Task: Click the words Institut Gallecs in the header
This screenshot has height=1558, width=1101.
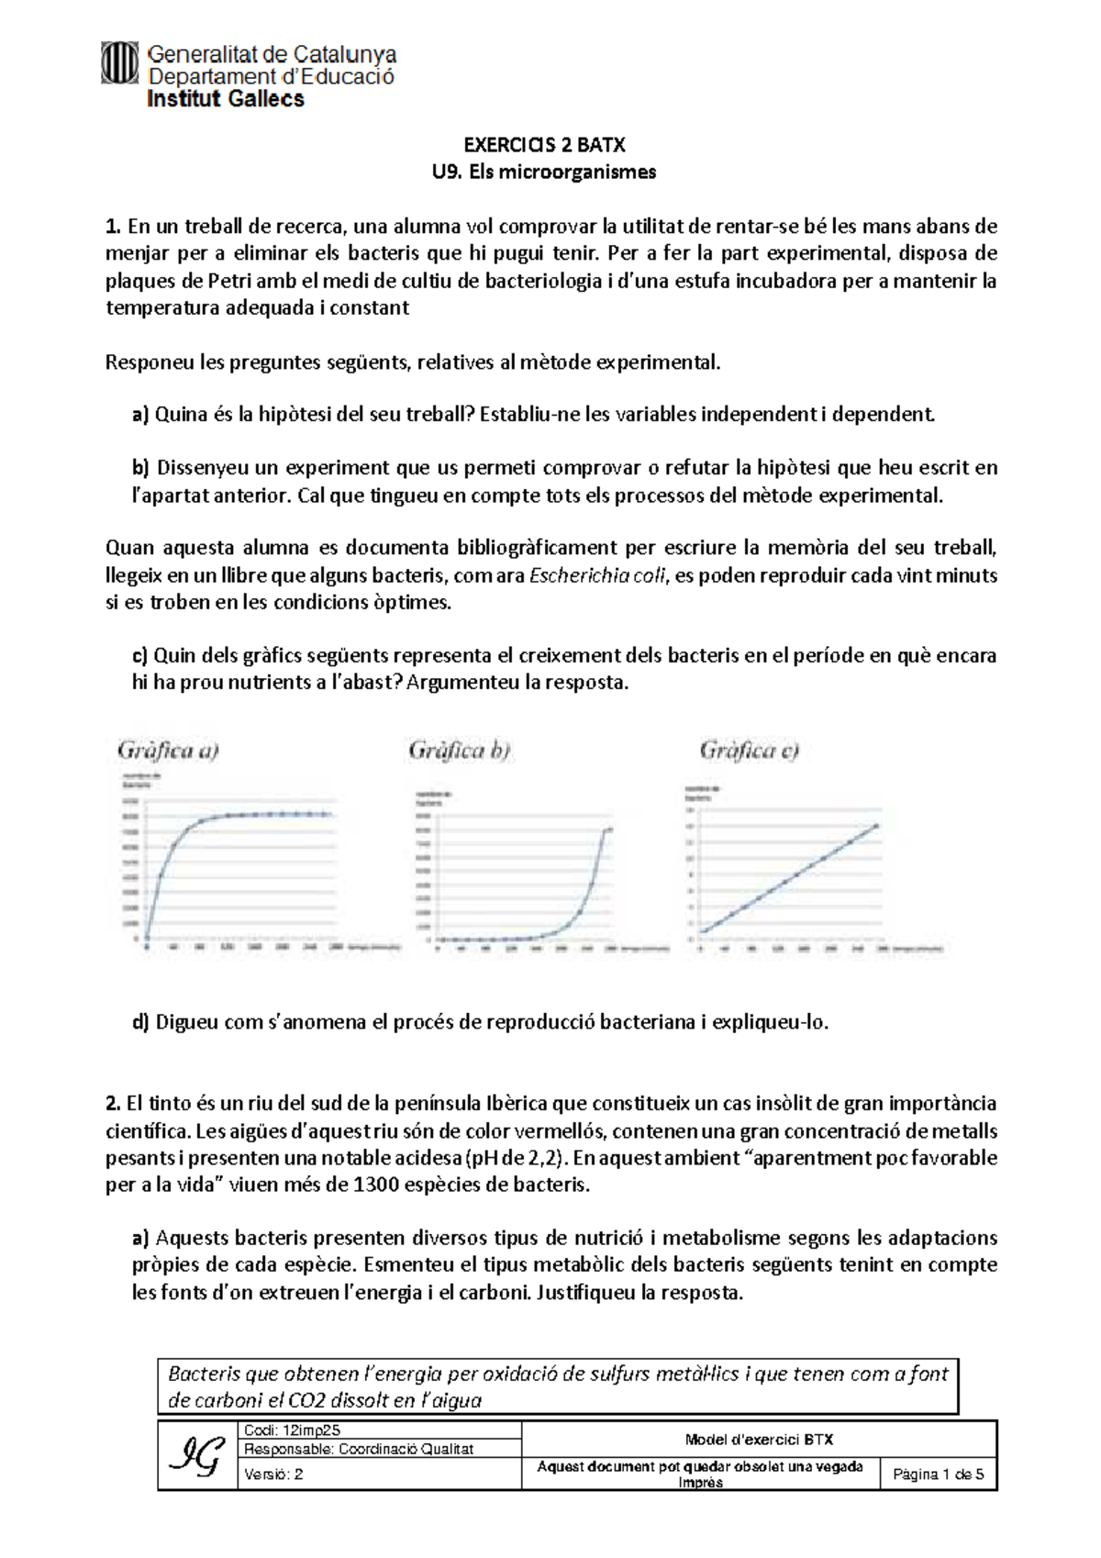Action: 225,99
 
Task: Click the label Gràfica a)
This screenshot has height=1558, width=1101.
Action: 168,751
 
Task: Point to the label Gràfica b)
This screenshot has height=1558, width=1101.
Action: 459,751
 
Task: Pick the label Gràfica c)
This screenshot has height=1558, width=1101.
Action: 749,751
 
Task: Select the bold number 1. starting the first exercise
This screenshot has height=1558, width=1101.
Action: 113,227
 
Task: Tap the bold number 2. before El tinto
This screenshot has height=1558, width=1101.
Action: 114,1104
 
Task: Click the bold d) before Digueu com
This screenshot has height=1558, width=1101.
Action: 140,1022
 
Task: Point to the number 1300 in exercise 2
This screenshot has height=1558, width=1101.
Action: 378,1185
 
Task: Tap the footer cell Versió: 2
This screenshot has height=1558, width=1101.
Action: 273,1475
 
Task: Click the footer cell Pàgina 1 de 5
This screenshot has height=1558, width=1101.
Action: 938,1475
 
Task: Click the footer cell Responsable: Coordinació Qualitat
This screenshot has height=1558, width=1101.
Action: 359,1449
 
